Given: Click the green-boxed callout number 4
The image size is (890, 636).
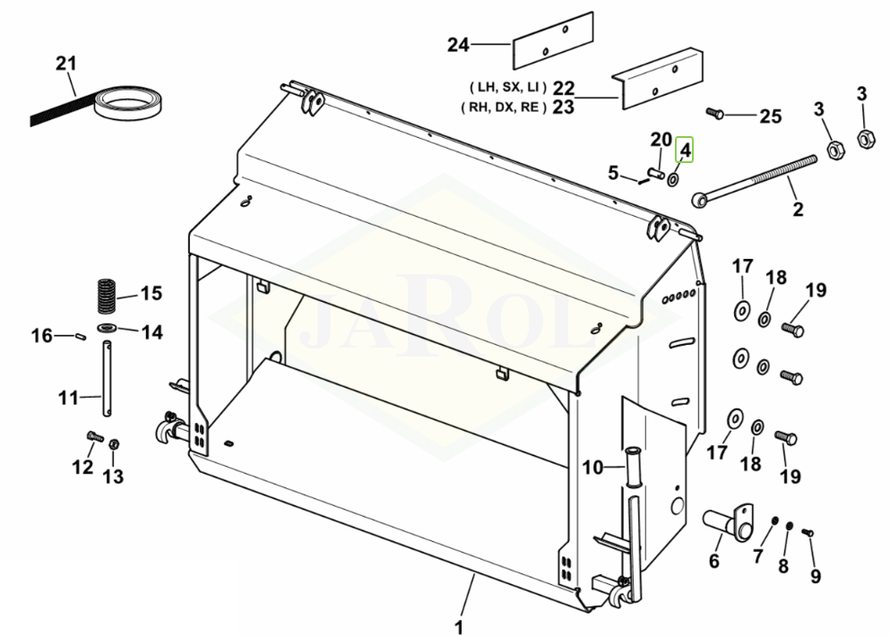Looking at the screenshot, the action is click(x=685, y=150).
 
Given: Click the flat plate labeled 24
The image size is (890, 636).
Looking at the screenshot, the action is click(x=553, y=41).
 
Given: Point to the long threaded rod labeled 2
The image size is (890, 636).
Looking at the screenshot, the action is click(x=754, y=178).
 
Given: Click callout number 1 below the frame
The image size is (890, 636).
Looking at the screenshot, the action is click(x=459, y=627).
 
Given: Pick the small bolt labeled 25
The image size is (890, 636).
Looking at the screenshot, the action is click(x=714, y=114).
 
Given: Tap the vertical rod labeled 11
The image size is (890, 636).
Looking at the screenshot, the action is click(x=107, y=378).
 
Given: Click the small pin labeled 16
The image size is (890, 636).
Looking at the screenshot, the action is click(x=80, y=337).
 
